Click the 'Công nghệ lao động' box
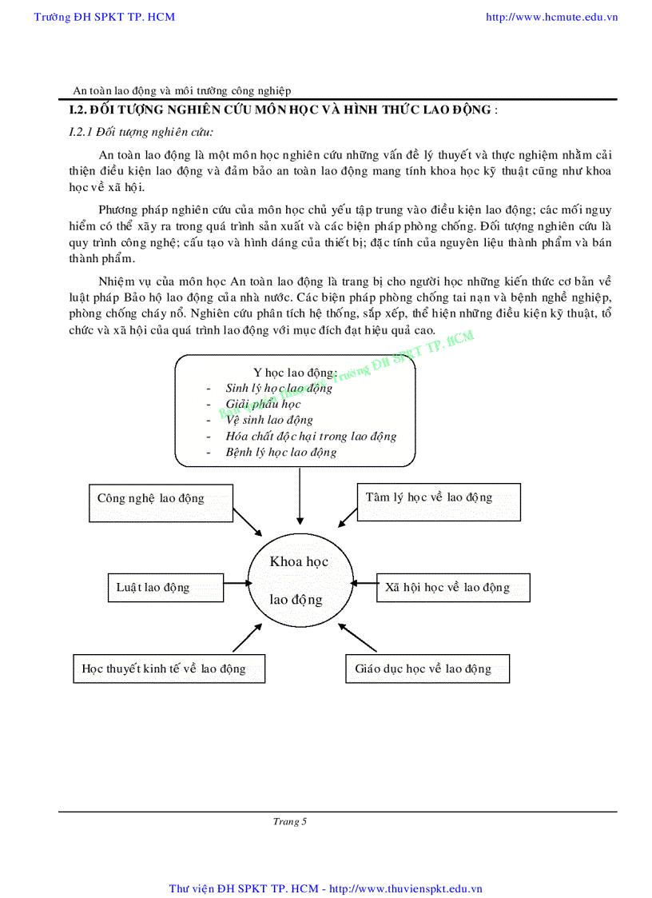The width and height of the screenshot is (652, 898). click(x=160, y=502)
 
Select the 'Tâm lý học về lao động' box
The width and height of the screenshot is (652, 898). click(x=439, y=501)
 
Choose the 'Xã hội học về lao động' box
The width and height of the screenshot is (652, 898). click(x=453, y=588)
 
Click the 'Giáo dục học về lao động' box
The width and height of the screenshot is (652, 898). click(x=427, y=669)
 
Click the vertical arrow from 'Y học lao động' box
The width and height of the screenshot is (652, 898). click(x=300, y=496)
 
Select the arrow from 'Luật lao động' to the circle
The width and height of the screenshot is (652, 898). click(x=236, y=583)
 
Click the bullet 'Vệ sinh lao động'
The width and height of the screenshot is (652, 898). click(x=269, y=420)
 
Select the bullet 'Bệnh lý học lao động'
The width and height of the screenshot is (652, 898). click(x=281, y=453)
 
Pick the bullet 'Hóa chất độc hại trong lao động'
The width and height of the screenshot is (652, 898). click(x=311, y=437)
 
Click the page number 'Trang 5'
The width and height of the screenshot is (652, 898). click(x=290, y=822)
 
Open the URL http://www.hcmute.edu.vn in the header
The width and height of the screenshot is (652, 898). click(x=551, y=17)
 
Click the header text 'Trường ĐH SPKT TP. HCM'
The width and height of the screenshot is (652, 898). click(x=105, y=17)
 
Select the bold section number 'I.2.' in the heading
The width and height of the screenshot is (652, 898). click(x=78, y=110)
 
